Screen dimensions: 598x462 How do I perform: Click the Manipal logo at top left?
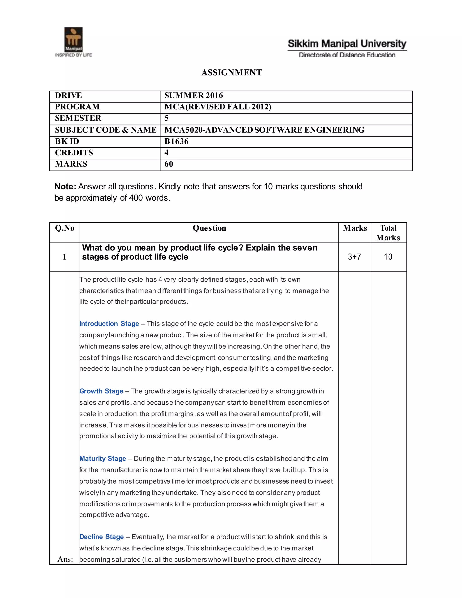click(x=73, y=42)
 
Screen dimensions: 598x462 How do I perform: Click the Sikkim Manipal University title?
click(x=347, y=44)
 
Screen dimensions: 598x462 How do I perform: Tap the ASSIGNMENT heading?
click(x=231, y=73)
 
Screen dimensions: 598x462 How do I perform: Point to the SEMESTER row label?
click(x=78, y=118)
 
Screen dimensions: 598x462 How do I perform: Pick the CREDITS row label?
click(x=74, y=153)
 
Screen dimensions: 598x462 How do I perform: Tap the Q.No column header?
click(x=65, y=228)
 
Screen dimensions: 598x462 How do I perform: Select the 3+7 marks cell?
click(x=354, y=257)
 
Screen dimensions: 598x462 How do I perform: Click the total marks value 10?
click(x=388, y=257)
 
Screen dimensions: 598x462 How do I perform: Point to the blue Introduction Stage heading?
click(x=109, y=324)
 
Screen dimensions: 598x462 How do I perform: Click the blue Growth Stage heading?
click(x=101, y=391)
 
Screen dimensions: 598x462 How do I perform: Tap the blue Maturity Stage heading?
click(x=103, y=459)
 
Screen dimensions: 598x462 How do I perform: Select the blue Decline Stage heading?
click(x=102, y=537)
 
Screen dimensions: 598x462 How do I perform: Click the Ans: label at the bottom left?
click(x=65, y=559)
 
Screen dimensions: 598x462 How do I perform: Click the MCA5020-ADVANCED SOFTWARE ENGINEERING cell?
click(x=264, y=130)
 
